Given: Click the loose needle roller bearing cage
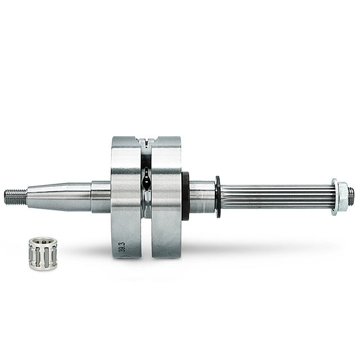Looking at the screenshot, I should (43, 254).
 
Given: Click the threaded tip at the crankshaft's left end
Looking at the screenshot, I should (15, 196).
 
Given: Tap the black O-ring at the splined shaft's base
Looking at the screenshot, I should (218, 196).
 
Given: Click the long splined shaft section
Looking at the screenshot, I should (276, 196).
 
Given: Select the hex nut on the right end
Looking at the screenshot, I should (342, 196).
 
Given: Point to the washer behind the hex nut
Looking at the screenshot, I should (335, 196).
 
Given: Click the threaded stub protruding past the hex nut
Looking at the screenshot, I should (351, 196).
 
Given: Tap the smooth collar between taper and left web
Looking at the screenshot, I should (101, 196).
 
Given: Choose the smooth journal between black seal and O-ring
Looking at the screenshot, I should (202, 196).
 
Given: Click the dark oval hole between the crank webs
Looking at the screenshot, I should (146, 182).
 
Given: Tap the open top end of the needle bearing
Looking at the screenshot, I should (43, 241).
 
